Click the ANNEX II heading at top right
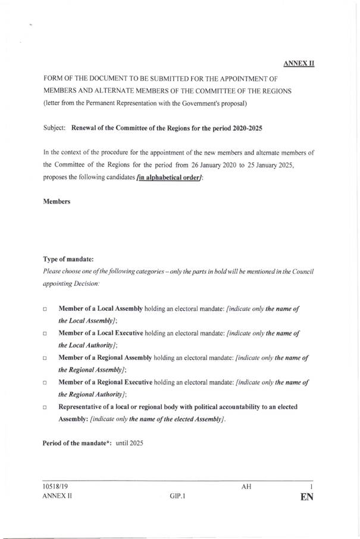299,62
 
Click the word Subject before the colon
55,129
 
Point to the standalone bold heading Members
57,202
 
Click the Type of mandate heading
67,259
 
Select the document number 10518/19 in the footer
57,487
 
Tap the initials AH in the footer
246,487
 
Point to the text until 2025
130,444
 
